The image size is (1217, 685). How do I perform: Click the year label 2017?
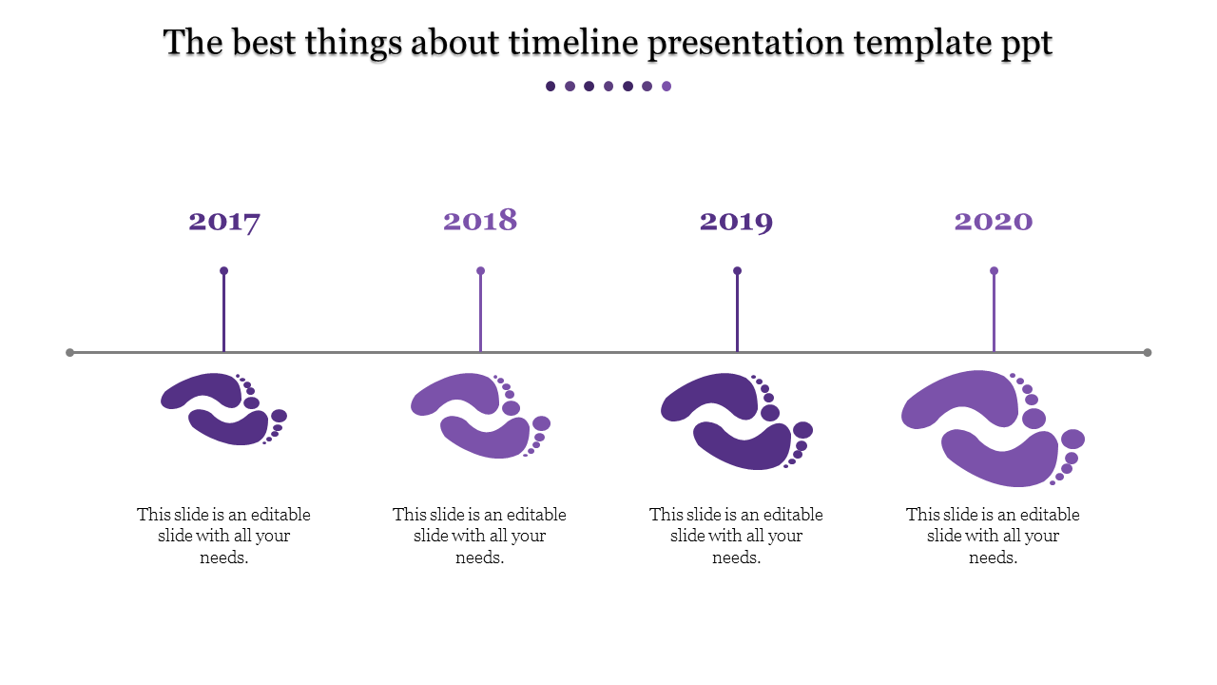tap(224, 222)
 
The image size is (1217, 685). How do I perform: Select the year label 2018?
tap(480, 221)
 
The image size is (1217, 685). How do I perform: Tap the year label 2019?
tap(737, 222)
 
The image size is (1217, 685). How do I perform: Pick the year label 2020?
tap(994, 222)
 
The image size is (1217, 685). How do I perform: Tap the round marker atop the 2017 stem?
tap(224, 271)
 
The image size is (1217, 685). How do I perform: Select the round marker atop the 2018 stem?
tap(481, 271)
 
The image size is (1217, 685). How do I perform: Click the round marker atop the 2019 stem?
tap(737, 271)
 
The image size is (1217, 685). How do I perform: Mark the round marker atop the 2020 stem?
tap(995, 271)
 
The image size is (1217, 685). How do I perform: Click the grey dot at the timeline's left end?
tap(70, 353)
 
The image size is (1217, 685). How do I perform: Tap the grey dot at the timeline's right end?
tap(1148, 353)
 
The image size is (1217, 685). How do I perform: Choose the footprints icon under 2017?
tap(224, 409)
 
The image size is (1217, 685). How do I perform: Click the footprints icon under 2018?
tap(480, 415)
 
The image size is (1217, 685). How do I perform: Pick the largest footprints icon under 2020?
tap(994, 427)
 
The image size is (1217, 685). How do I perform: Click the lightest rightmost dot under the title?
tap(666, 87)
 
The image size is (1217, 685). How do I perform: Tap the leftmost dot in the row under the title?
tap(551, 87)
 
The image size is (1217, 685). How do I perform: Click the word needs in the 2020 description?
tap(993, 558)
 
